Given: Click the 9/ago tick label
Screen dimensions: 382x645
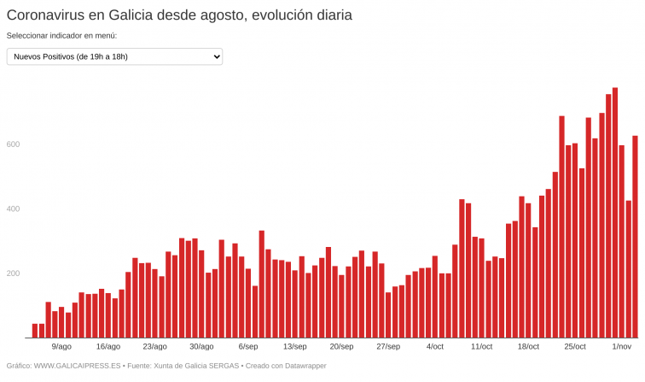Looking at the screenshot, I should point(61,347).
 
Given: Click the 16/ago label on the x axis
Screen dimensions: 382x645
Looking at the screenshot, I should point(108,347).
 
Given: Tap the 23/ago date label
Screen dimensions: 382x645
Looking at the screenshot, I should point(154,347).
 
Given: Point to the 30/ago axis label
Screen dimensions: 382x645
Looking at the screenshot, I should point(201,347).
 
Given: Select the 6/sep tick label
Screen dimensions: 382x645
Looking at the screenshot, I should point(248,347).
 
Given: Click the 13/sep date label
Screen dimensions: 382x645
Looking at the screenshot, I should point(294,347).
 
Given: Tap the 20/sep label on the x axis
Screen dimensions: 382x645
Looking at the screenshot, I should point(341,347).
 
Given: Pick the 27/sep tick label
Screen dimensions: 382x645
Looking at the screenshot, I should point(388,347).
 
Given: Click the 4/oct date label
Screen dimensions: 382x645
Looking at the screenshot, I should point(434,347).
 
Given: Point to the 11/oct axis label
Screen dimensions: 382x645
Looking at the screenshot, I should point(481,347).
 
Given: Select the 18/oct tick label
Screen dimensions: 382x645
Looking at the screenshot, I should point(528,347).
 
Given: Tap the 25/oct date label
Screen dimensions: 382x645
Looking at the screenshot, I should point(575,347).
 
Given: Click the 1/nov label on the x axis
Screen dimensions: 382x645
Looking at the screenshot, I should point(622,347).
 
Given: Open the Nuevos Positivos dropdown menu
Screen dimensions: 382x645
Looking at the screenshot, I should point(114,56).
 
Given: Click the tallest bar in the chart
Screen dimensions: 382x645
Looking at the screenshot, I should point(615,213).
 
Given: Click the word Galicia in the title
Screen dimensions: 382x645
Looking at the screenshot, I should point(137,15).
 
